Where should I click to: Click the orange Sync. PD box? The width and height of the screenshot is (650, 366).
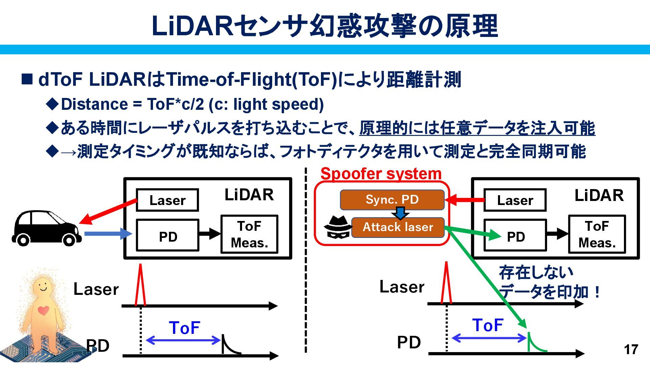[x=392, y=200]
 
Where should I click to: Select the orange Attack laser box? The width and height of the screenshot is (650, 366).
[x=398, y=227]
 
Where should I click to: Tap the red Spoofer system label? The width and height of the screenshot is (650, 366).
[x=381, y=174]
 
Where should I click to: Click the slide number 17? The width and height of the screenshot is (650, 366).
[x=631, y=349]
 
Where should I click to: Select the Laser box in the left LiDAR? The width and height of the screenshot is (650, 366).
[x=167, y=200]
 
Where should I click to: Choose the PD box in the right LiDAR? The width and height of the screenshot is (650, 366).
[x=515, y=236]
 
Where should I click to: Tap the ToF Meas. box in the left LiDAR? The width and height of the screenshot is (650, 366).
[x=249, y=234]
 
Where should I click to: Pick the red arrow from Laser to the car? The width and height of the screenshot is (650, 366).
[x=108, y=211]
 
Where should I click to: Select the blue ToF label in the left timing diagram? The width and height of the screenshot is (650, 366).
[x=185, y=328]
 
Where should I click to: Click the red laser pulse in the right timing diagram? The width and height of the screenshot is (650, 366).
[x=446, y=283]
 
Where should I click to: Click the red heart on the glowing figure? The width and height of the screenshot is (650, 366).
[x=43, y=310]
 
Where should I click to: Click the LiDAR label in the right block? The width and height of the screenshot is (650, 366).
[x=599, y=196]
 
